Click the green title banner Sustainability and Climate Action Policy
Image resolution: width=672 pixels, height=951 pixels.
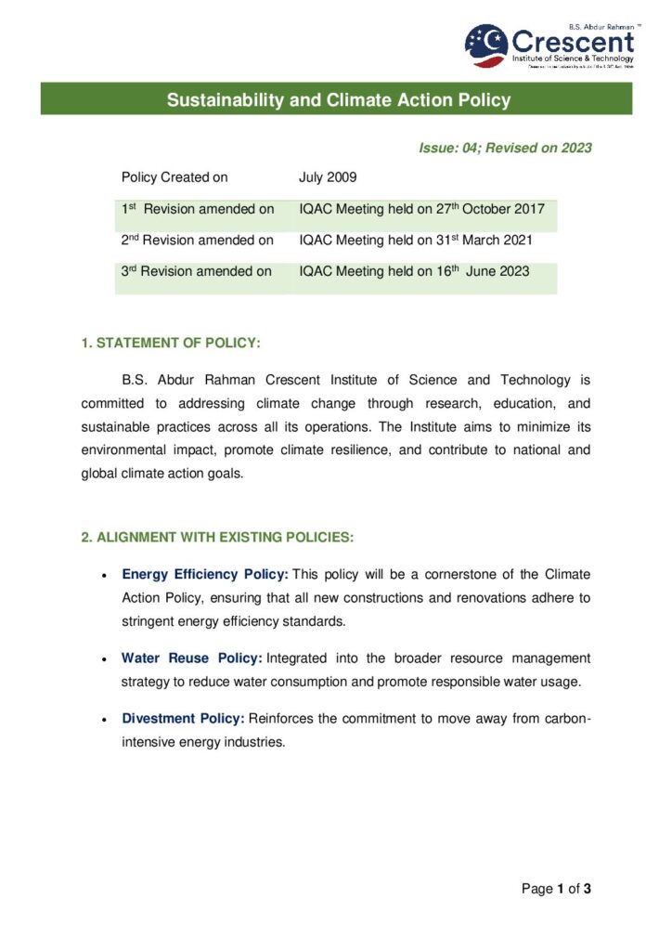coord(338,99)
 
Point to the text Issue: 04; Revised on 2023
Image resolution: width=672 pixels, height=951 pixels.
coord(505,148)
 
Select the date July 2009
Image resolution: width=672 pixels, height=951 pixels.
coord(328,176)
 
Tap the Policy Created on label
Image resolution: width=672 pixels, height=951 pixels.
coord(174,176)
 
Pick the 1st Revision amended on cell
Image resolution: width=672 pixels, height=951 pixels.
coord(198,209)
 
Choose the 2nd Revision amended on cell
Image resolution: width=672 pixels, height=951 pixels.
coord(198,241)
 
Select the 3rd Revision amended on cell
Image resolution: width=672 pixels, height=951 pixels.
coord(197,271)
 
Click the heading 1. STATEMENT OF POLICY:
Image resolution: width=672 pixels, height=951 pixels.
coord(171,344)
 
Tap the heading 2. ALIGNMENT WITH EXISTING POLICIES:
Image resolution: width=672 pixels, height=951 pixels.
coord(217,537)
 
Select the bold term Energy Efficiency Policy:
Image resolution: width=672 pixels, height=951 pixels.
coord(205,575)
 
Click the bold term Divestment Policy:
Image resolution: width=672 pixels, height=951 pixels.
coord(183,719)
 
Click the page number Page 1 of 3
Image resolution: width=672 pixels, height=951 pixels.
coord(556,889)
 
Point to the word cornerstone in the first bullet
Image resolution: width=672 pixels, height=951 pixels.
coord(460,575)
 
